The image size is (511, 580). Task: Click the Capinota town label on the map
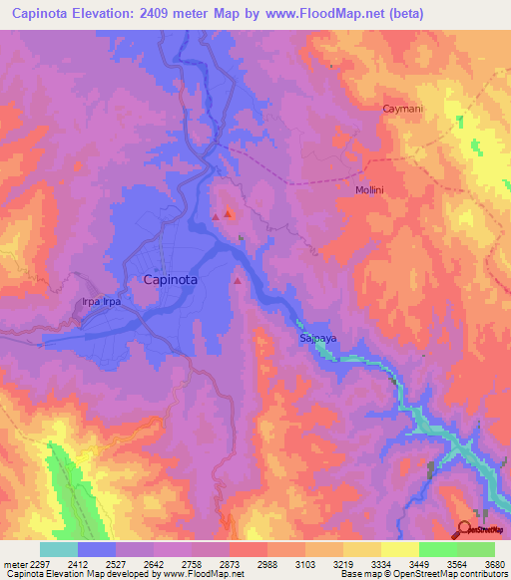click(x=171, y=280)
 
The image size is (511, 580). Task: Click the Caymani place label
click(x=403, y=109)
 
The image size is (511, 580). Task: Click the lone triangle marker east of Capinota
click(x=237, y=281)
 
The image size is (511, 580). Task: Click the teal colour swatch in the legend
click(x=59, y=549)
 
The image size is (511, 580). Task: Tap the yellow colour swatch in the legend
click(x=399, y=549)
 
